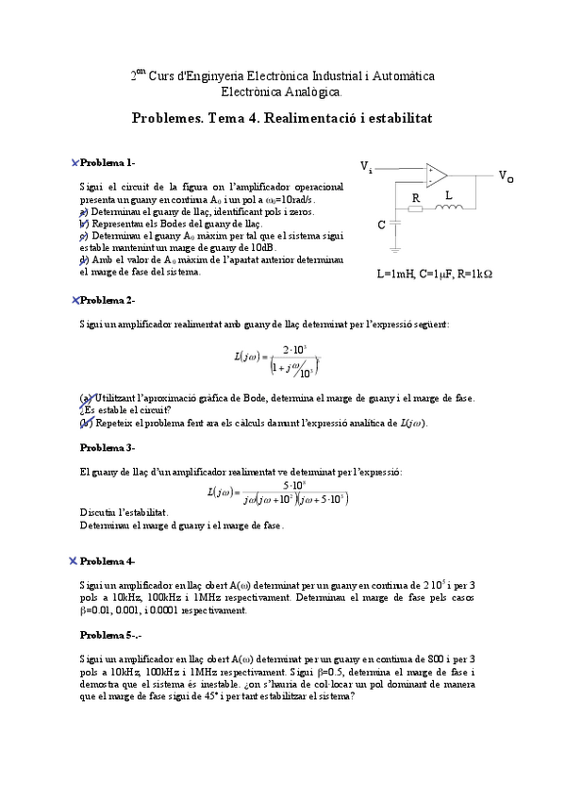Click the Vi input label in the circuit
tap(366, 167)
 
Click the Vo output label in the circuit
tap(507, 176)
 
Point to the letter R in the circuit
tap(415, 198)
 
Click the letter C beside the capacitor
tap(381, 225)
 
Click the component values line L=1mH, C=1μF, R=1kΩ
tap(435, 275)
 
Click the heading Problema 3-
tap(107, 447)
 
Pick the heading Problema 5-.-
tap(110, 635)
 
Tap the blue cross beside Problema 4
tap(73, 561)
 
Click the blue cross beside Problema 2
tap(75, 300)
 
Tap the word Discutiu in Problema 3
tap(99, 512)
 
